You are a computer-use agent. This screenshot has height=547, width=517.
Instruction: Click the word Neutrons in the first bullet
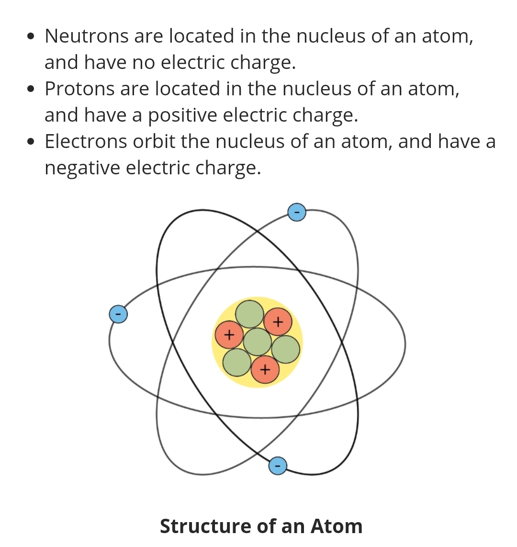86,36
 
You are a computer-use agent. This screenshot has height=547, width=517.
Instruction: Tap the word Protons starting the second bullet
79,89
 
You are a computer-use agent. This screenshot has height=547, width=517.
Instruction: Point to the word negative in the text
82,168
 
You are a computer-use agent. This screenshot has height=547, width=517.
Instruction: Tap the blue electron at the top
297,212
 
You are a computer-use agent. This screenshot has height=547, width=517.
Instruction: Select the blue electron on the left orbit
118,314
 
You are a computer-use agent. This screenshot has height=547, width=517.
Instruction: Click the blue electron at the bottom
278,465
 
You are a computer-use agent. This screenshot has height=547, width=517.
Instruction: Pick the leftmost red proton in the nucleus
228,335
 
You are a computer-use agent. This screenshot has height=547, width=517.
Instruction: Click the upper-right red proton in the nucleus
278,321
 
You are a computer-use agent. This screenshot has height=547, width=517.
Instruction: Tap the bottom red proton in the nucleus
265,370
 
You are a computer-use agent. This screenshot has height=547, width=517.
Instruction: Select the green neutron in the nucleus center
257,342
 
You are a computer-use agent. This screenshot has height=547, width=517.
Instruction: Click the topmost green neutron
249,314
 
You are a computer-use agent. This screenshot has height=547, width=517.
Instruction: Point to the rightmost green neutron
286,349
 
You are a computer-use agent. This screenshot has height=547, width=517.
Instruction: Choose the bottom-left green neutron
237,363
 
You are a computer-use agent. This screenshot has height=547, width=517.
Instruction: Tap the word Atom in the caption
337,526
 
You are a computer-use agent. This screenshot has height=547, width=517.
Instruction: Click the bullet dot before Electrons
32,142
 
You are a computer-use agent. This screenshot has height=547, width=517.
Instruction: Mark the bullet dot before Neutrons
32,37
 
